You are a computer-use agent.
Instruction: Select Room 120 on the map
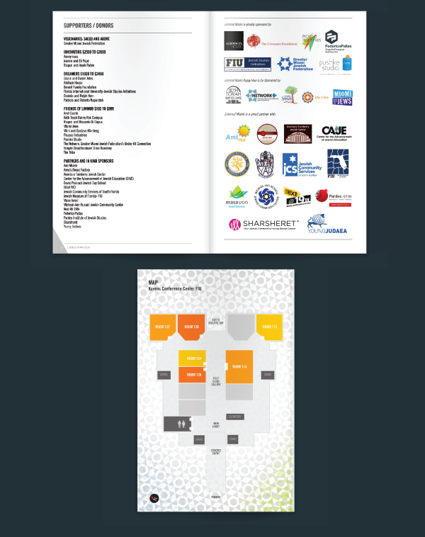click(191, 327)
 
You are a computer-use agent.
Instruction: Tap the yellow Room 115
click(268, 327)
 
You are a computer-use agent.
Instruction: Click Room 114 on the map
click(239, 366)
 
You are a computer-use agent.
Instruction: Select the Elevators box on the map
click(236, 416)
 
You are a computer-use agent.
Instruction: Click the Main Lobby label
click(216, 425)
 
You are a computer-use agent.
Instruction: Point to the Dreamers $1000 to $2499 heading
click(84, 73)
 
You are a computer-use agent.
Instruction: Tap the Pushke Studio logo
click(330, 64)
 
